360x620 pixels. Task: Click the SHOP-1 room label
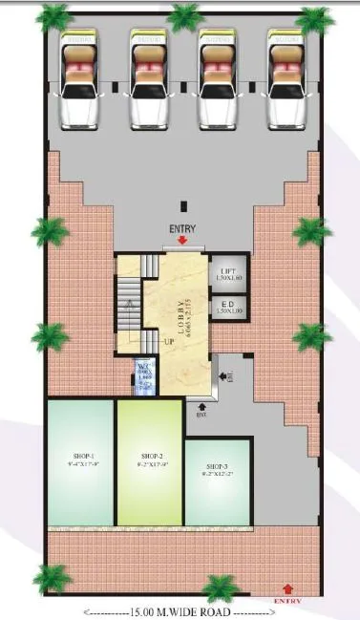tap(79, 456)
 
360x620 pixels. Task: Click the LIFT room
tap(228, 273)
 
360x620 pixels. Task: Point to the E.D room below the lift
tap(228, 307)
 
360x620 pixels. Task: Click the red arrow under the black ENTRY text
tap(181, 243)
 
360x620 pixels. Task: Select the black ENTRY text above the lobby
tap(181, 230)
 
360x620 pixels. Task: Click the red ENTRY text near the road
tap(287, 601)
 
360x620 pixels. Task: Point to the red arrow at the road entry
tap(287, 588)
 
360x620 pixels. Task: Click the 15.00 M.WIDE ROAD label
tap(180, 610)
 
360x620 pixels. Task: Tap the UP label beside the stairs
tap(167, 340)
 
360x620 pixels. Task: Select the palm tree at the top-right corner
tap(313, 19)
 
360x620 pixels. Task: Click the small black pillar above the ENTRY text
tap(181, 203)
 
